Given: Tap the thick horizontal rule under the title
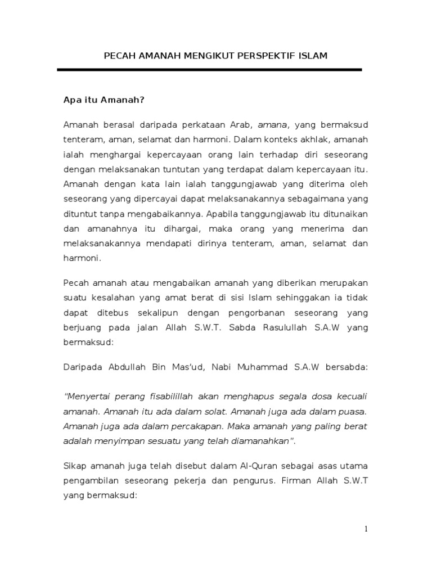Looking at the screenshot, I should tap(209, 70).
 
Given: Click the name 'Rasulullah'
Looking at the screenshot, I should tap(271, 326).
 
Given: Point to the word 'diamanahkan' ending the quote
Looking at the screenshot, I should tap(263, 442).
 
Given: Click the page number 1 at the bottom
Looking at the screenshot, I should tap(366, 528).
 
